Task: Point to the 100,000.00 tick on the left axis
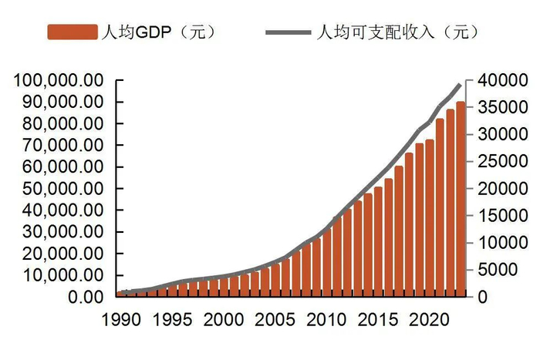[x=59, y=80]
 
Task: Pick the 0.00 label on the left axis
[x=86, y=297]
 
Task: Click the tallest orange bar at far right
[x=461, y=200]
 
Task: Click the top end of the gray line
[x=461, y=84]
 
